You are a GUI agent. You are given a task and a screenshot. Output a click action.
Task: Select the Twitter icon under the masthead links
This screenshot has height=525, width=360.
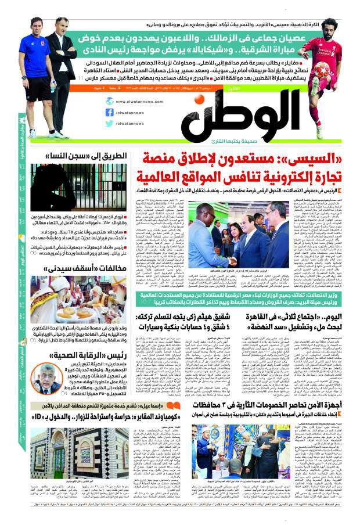tap(110, 123)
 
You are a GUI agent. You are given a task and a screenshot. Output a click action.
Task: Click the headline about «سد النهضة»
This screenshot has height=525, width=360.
tap(284, 324)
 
